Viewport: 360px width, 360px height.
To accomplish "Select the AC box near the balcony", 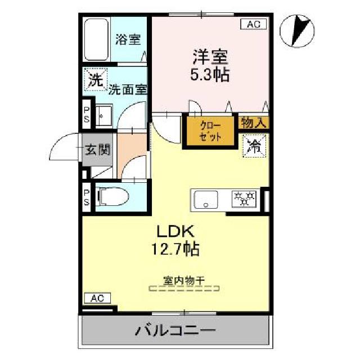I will coord(96,298).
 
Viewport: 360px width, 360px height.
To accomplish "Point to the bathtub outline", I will coord(96,40).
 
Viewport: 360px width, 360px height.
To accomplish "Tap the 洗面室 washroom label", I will coord(128,89).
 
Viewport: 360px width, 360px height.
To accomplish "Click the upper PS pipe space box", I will coord(87,114).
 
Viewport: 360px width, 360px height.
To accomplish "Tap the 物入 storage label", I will coord(254,122).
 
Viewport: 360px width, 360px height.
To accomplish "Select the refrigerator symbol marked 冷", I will coord(254,147).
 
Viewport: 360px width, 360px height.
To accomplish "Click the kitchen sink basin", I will coord(206,200).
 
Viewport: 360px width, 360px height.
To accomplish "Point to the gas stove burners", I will coord(244,198).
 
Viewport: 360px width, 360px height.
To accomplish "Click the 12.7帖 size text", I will coord(175,248).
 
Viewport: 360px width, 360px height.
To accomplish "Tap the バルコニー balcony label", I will coord(174,330).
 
